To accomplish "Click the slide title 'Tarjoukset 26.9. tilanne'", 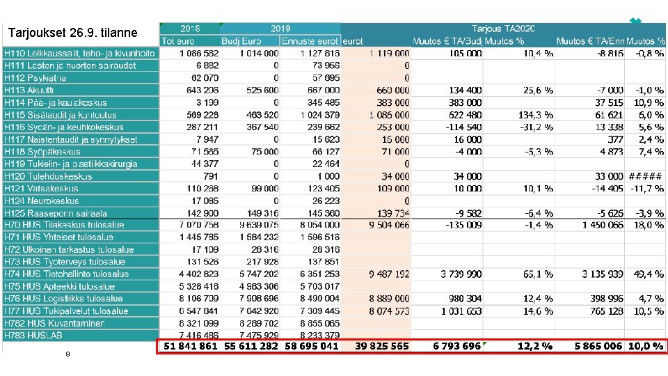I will coord(72,33).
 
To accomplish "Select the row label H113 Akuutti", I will coord(29,90).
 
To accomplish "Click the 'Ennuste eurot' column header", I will coord(310,41).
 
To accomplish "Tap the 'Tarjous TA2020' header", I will coord(503,29).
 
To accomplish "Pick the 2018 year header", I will coord(189,29).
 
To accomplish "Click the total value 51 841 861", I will coord(190,346).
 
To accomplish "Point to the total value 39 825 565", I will coord(381,346).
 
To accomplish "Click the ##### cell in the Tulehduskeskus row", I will coord(646,176).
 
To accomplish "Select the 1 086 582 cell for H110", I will coord(199,53).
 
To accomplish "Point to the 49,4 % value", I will coord(648,274).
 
